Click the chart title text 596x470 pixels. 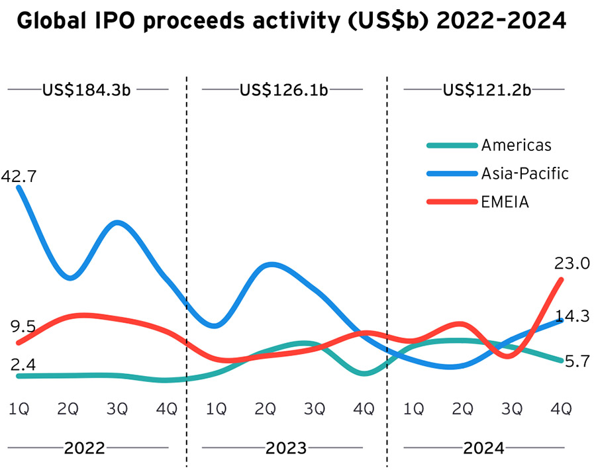coord(291,22)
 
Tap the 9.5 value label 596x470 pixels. coord(23,326)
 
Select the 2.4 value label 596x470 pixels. coord(23,364)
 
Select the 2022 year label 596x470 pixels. coord(84,448)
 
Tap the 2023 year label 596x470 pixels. coord(286,448)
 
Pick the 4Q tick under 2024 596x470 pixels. coord(561,409)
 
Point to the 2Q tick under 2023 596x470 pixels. coord(265,409)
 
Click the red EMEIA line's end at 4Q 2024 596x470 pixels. coord(562,279)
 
